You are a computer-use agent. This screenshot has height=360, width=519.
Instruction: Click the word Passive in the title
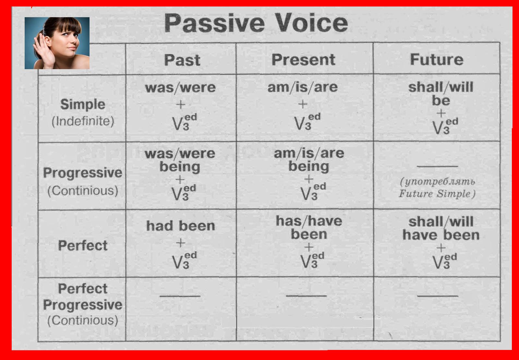click(x=214, y=23)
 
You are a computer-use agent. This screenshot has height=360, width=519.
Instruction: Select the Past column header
click(x=182, y=60)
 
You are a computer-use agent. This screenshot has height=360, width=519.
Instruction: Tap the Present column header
click(x=303, y=60)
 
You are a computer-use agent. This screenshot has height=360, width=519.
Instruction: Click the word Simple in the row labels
click(x=83, y=104)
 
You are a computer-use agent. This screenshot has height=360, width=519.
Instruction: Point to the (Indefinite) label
click(x=83, y=121)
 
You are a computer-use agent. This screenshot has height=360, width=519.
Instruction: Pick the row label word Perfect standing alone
click(x=83, y=245)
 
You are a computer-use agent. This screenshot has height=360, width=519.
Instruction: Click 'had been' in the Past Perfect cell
click(x=181, y=226)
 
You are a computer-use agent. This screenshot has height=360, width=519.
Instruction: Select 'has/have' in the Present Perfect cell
click(x=309, y=221)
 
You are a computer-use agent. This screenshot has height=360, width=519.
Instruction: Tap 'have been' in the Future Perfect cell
click(x=441, y=235)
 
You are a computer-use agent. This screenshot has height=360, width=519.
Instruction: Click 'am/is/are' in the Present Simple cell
click(x=303, y=87)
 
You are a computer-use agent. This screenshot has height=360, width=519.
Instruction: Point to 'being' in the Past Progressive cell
click(x=180, y=167)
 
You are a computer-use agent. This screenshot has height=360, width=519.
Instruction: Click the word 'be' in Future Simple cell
click(x=441, y=100)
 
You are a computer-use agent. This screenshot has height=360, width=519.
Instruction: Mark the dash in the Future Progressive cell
click(x=438, y=166)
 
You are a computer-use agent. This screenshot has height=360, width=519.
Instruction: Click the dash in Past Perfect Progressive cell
click(x=180, y=296)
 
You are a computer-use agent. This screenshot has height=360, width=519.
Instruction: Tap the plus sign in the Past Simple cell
click(x=181, y=105)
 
